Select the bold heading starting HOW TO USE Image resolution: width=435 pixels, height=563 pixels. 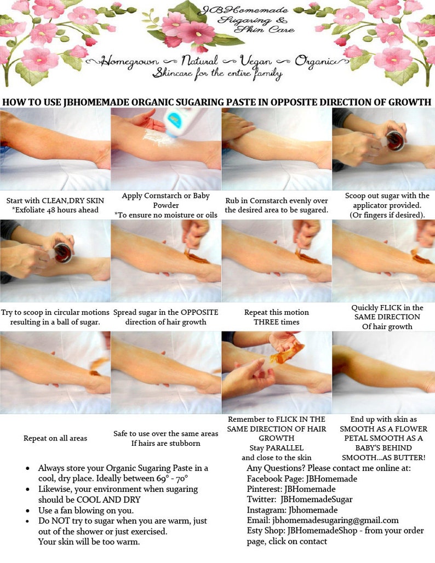(217, 102)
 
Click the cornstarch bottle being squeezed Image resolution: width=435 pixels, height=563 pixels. (177, 122)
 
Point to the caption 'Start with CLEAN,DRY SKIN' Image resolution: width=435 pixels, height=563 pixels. (55, 201)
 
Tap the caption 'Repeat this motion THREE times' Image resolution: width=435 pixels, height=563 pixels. (277, 317)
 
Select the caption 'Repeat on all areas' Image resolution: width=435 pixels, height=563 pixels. (55, 438)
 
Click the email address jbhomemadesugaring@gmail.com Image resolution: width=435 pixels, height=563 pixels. (335, 520)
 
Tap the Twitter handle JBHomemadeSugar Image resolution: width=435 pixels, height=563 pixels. (316, 499)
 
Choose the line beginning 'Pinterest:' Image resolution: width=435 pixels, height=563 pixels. (291, 489)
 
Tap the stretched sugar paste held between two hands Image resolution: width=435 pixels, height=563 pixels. (286, 352)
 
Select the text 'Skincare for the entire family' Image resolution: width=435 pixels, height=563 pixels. (218, 74)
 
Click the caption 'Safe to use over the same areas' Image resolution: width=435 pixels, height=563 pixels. (166, 433)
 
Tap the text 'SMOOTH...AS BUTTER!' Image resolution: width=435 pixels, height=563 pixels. (384, 457)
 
